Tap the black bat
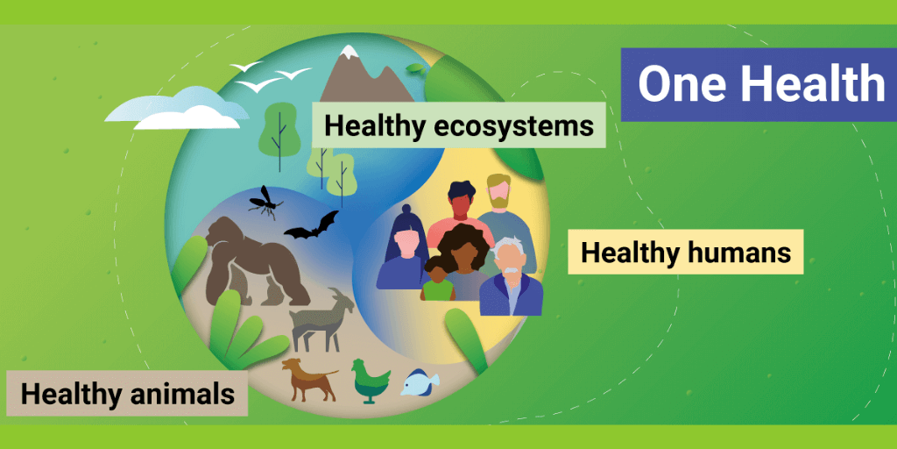point(313,225)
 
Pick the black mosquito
point(265,201)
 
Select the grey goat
point(321,320)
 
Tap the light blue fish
point(420,382)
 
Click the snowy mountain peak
point(366,75)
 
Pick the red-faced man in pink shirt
point(461,212)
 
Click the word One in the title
point(676,84)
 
